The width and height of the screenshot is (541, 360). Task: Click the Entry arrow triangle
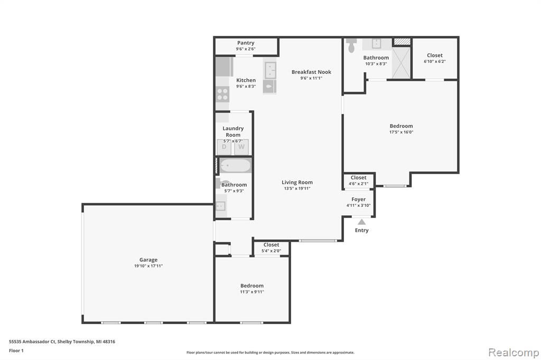(x=361, y=222)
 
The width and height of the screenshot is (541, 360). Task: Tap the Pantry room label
(x=246, y=43)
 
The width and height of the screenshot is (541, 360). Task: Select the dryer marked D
(x=224, y=147)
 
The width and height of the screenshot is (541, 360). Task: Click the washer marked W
(x=241, y=147)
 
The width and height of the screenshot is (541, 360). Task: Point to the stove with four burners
(x=222, y=94)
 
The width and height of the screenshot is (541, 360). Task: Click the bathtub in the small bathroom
(x=235, y=166)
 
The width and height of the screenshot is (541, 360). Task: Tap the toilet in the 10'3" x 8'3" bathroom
(x=351, y=45)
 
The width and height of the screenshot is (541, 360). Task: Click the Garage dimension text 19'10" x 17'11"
(x=148, y=266)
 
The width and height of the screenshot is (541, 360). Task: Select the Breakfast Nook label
(x=311, y=72)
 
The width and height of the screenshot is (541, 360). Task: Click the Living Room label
(x=297, y=183)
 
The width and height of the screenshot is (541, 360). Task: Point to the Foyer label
(x=359, y=200)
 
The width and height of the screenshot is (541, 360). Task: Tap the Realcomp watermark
(x=514, y=353)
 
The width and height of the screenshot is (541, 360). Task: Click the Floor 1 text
(x=16, y=350)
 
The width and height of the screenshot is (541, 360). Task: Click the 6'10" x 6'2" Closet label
(x=435, y=55)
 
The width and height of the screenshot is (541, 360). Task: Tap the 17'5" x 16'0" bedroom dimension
(x=402, y=132)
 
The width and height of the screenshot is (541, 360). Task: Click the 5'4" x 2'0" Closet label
(x=271, y=245)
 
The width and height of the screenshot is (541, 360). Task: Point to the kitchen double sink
(x=270, y=70)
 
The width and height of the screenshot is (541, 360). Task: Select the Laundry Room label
(x=233, y=131)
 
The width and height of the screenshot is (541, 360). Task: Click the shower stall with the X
(x=401, y=63)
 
